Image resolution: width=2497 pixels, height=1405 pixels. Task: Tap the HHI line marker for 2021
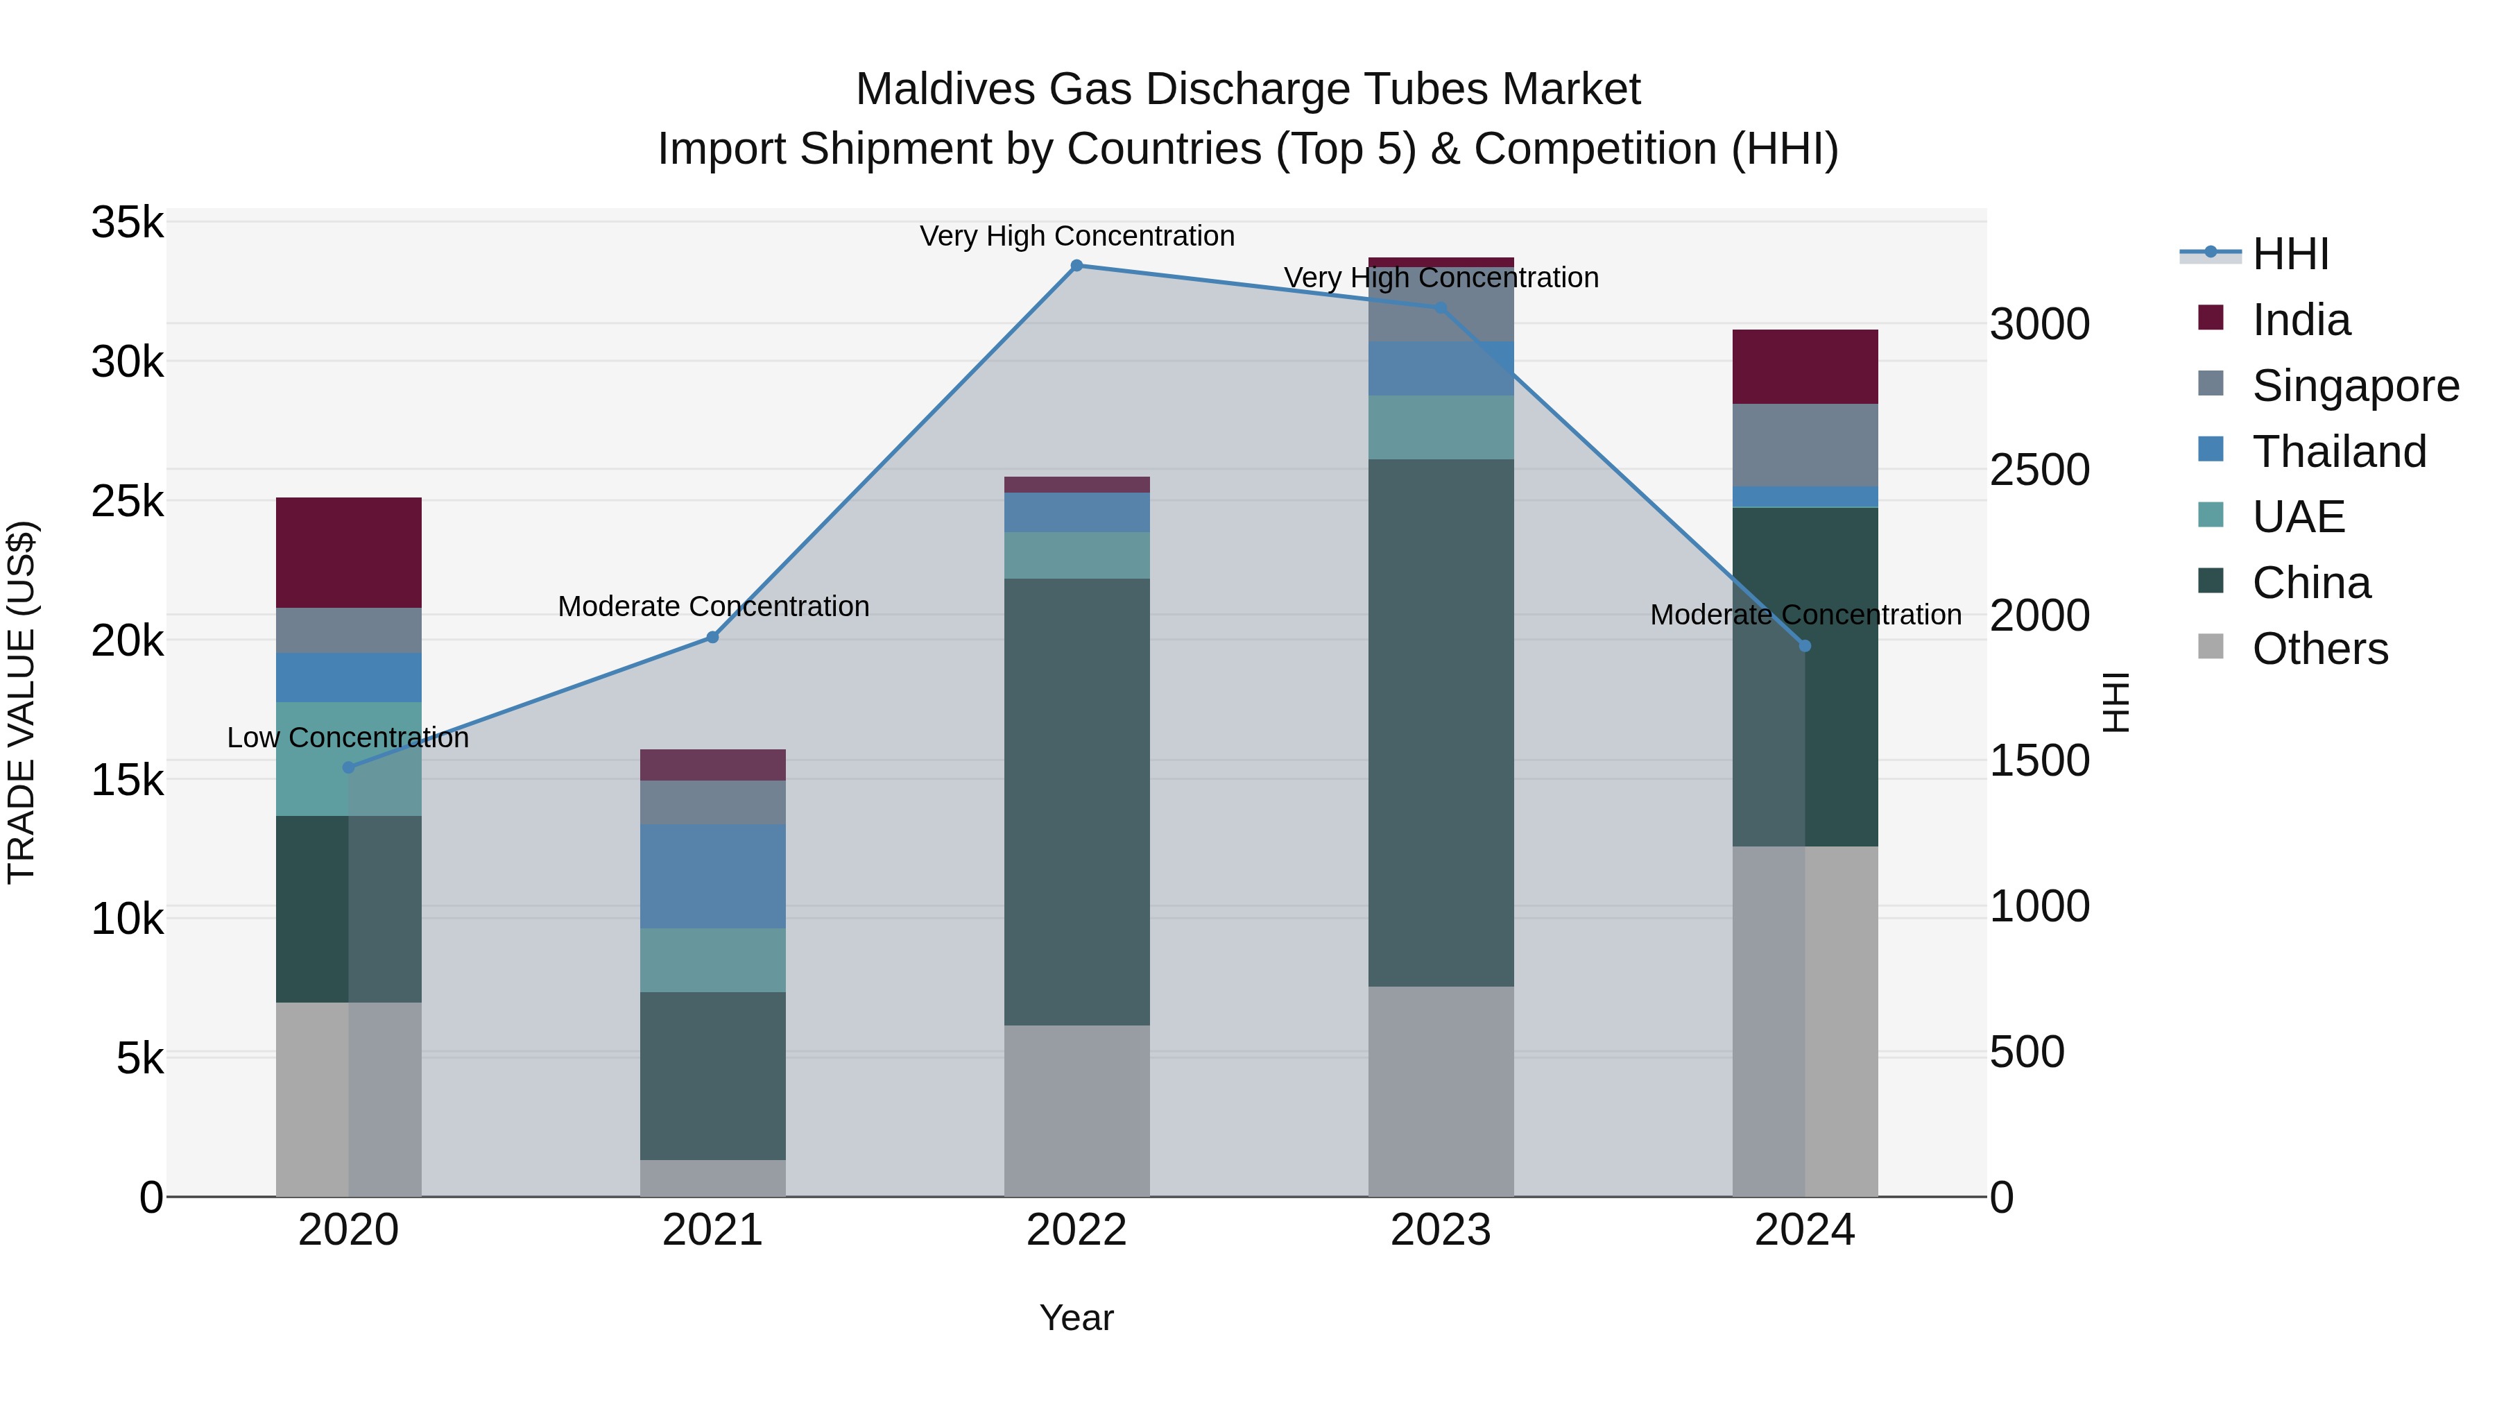(x=712, y=637)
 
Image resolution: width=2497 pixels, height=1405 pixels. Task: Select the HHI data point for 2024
(x=1804, y=646)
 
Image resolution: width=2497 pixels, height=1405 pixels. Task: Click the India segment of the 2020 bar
(x=348, y=553)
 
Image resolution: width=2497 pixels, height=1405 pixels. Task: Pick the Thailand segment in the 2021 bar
(x=712, y=876)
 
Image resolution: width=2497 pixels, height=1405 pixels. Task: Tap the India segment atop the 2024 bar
(x=1804, y=366)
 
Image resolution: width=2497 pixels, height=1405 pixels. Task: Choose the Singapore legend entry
(x=2355, y=386)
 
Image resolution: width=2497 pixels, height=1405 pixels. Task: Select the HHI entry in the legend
(x=2290, y=254)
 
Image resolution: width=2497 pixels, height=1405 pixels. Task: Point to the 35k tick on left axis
(x=128, y=223)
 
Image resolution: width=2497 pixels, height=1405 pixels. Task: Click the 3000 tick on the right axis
(x=2039, y=324)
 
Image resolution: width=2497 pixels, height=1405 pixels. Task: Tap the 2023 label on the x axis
(x=1441, y=1230)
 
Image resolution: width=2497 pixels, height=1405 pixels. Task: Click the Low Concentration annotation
(x=348, y=738)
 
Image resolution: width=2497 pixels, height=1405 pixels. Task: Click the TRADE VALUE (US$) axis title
(x=22, y=702)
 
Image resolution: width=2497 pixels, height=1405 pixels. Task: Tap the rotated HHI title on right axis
(x=2116, y=702)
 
